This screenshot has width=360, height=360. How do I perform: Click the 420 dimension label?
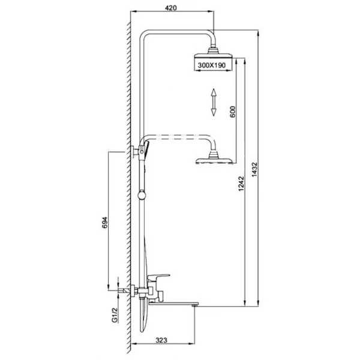(x=171, y=8)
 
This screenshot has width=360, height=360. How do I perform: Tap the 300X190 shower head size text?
(x=212, y=65)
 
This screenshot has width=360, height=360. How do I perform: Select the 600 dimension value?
(x=233, y=112)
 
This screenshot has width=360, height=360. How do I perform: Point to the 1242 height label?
(x=241, y=184)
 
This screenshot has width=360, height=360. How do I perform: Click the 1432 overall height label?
(x=254, y=170)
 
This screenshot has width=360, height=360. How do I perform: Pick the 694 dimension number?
(x=104, y=222)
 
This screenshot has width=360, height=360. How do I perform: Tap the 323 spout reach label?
(x=161, y=340)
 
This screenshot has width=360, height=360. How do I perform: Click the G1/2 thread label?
(x=115, y=315)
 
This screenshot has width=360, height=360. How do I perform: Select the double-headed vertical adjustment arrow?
(x=214, y=102)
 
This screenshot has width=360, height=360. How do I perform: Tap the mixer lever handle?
(x=158, y=277)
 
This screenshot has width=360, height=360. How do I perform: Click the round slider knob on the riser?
(x=142, y=196)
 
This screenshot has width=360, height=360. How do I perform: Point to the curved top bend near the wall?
(x=143, y=34)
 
